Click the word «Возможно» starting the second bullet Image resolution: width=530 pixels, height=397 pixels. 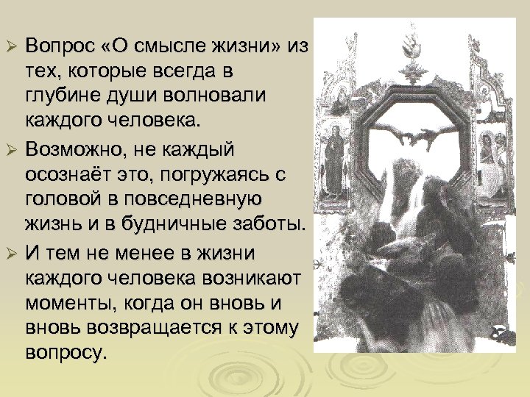pos(74,151)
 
